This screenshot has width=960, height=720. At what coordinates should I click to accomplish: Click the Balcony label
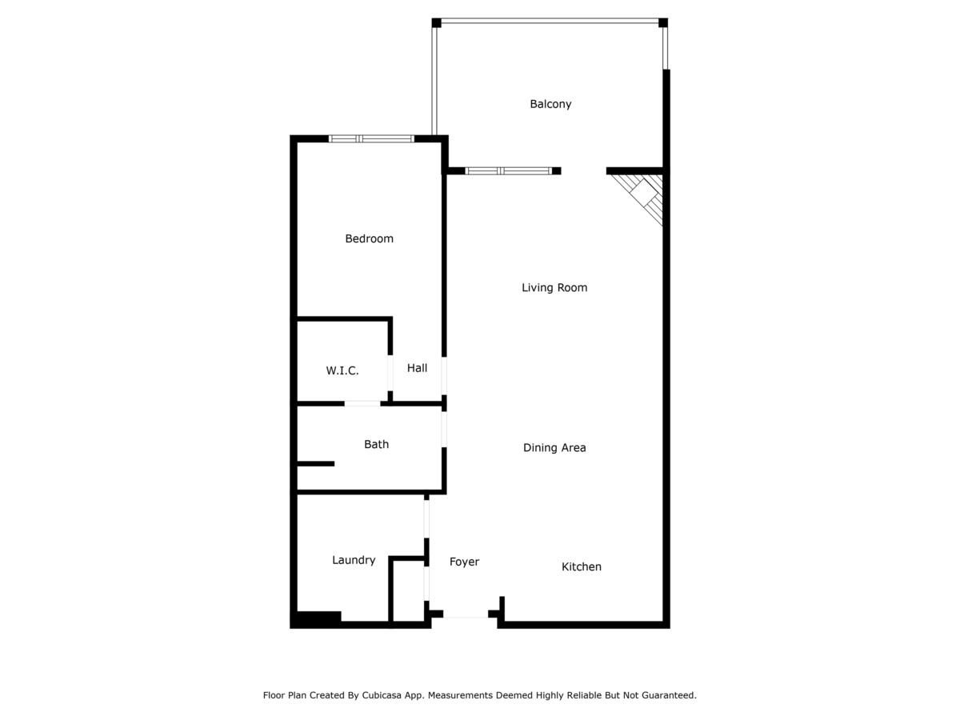[x=550, y=104]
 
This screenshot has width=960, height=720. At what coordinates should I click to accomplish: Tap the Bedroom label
[x=369, y=238]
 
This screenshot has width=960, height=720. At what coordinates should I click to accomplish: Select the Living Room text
[x=554, y=287]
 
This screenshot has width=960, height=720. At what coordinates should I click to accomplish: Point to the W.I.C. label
[x=342, y=370]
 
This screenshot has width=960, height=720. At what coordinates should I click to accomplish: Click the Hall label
[x=417, y=368]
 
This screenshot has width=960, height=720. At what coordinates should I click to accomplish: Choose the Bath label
[x=376, y=444]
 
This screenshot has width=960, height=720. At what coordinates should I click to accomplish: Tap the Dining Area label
[x=554, y=448]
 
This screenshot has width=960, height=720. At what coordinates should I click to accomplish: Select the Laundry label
[x=354, y=560]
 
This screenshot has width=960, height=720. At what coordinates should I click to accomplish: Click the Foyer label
[x=464, y=562]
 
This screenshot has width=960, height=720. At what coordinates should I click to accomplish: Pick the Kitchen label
[x=582, y=566]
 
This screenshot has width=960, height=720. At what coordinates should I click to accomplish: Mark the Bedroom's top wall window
[x=371, y=138]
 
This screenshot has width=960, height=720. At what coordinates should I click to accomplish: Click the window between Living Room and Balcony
[x=509, y=170]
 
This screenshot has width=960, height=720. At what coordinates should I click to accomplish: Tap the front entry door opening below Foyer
[x=466, y=617]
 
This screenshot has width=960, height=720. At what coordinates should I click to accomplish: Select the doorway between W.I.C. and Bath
[x=362, y=403]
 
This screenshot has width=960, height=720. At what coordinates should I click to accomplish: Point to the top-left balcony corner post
[x=436, y=22]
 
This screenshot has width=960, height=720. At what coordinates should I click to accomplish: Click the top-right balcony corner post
[x=663, y=22]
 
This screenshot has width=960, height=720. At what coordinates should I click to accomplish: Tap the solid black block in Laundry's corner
[x=318, y=618]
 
